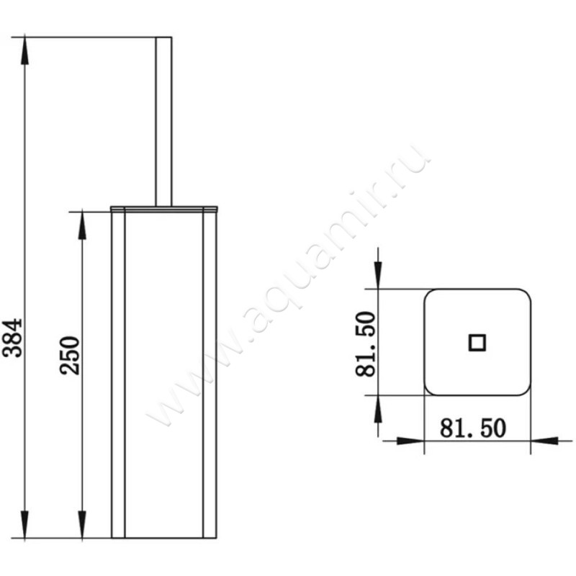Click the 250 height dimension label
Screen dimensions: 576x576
(x=70, y=354)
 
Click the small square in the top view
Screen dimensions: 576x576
(x=477, y=342)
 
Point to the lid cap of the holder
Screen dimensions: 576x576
(x=164, y=209)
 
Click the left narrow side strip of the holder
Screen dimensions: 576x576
(x=118, y=374)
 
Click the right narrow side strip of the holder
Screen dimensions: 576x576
(x=210, y=374)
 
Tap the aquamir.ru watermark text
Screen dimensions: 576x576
(x=288, y=288)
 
